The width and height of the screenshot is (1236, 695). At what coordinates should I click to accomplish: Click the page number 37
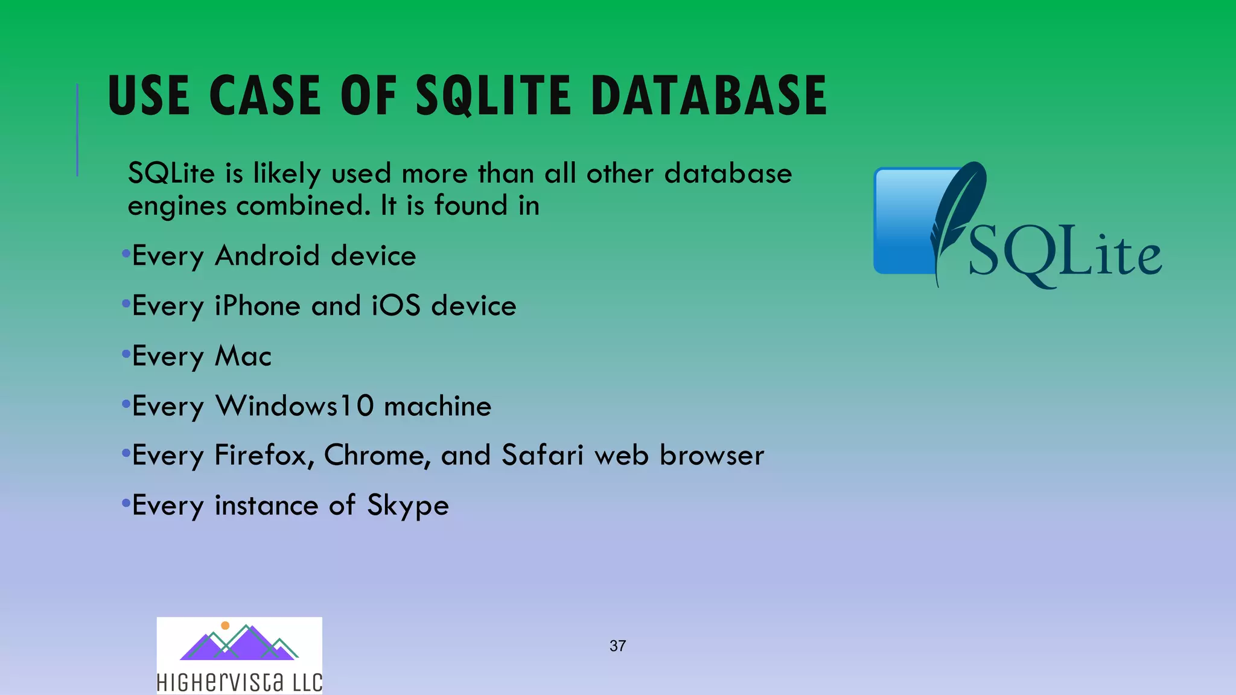617,646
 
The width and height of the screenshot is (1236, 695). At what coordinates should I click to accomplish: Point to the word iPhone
257,306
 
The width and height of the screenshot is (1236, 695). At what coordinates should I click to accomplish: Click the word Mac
243,356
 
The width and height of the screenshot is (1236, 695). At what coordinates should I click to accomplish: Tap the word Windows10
295,406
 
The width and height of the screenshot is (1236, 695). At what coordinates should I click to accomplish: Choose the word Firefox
263,455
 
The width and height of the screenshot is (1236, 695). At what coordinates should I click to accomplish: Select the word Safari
542,455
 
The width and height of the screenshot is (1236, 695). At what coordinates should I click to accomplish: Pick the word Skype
408,506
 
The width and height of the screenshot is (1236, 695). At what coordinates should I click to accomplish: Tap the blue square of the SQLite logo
902,223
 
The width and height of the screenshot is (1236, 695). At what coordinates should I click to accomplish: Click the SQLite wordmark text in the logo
1065,253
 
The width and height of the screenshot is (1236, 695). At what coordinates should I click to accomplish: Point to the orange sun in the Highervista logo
225,626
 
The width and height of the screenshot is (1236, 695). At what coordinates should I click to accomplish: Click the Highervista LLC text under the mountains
239,682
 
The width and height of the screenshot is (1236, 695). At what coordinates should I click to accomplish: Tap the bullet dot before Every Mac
126,354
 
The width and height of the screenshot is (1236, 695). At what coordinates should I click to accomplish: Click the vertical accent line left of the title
77,130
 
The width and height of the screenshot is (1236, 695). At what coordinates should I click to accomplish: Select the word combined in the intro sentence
303,206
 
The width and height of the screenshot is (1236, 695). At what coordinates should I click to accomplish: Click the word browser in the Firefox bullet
712,455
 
